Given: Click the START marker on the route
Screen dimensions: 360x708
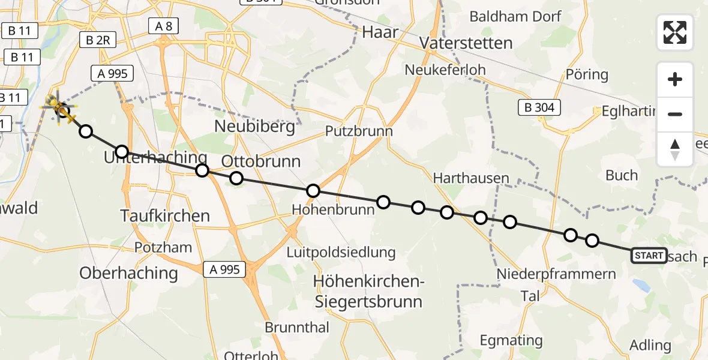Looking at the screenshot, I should pyautogui.click(x=649, y=256).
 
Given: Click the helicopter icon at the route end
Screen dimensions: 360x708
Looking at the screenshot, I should pyautogui.click(x=60, y=107).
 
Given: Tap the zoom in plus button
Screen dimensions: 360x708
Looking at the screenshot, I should pyautogui.click(x=675, y=79).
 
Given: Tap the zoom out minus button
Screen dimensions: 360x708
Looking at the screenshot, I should pyautogui.click(x=675, y=114).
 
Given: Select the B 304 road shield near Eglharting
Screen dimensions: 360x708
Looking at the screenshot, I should pyautogui.click(x=539, y=108).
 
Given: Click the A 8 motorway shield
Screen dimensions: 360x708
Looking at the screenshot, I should pyautogui.click(x=163, y=25).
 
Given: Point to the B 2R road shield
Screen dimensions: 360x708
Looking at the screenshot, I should pyautogui.click(x=97, y=40).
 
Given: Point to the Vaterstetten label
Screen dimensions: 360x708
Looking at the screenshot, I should pyautogui.click(x=466, y=43).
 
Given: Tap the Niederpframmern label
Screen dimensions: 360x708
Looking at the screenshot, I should pyautogui.click(x=556, y=274).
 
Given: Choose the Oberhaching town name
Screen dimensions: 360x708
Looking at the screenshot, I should pyautogui.click(x=129, y=273).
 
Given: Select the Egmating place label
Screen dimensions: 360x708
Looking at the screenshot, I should pyautogui.click(x=511, y=341).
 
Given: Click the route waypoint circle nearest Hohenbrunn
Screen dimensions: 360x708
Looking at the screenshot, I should pyautogui.click(x=313, y=191).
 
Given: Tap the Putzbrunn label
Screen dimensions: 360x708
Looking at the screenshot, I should pyautogui.click(x=359, y=131).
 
